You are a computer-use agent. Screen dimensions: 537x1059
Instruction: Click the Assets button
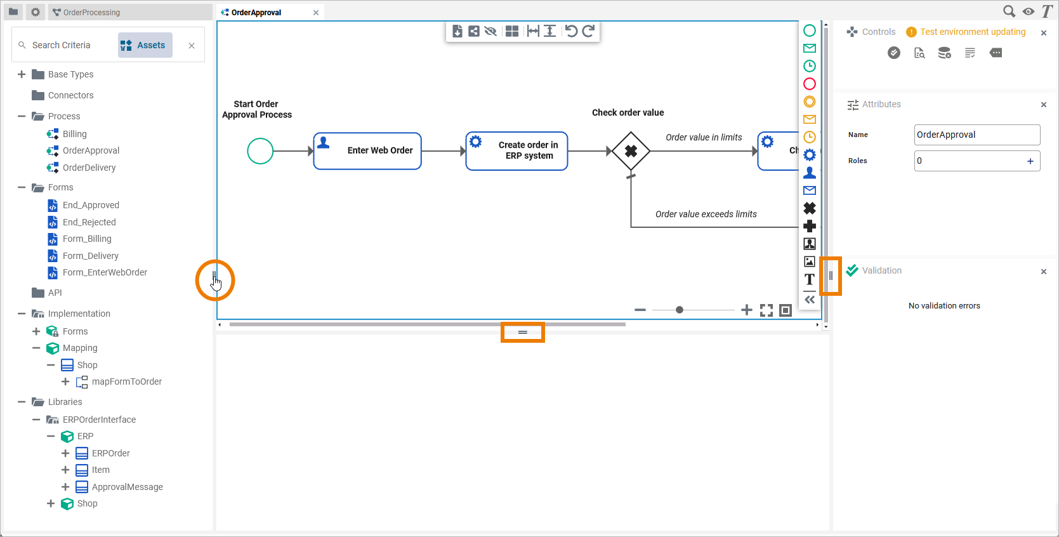point(145,45)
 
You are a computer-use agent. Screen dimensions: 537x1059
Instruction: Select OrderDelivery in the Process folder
point(89,168)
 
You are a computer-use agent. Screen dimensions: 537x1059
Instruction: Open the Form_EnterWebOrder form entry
point(105,272)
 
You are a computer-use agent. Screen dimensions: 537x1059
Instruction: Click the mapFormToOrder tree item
point(126,381)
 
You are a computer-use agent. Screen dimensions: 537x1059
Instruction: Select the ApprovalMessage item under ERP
point(127,487)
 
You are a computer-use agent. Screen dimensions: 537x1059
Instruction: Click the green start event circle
point(260,151)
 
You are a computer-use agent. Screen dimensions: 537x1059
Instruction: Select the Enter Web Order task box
point(367,151)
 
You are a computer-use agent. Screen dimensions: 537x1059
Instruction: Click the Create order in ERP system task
point(516,151)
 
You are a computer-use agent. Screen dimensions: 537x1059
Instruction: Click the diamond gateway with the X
point(631,151)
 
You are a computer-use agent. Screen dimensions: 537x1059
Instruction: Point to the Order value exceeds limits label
point(706,214)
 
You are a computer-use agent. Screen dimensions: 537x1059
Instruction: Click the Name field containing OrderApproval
point(977,135)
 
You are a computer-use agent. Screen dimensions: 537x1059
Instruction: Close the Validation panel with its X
point(1044,272)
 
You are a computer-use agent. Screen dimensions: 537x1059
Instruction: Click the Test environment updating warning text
point(973,32)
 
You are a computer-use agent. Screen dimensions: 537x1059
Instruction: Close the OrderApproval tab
point(316,13)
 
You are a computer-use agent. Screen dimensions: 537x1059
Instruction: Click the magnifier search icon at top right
point(1008,11)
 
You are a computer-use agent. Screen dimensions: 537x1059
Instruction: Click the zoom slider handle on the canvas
point(680,310)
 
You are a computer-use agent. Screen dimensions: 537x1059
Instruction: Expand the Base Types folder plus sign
point(22,74)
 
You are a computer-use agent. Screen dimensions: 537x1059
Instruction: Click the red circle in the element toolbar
point(810,84)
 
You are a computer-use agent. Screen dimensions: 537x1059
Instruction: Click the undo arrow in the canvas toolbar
point(571,31)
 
